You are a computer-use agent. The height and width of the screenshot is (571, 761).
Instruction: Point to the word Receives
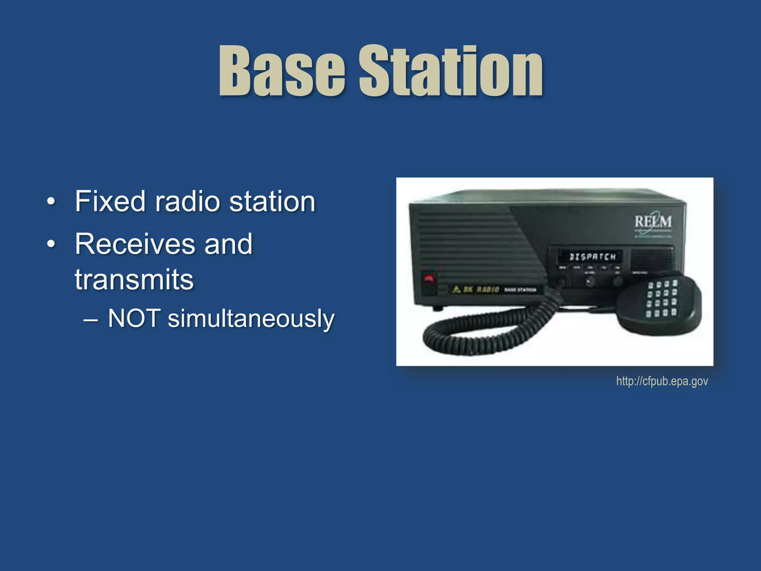[x=135, y=244]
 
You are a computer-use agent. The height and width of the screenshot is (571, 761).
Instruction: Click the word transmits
[x=134, y=279]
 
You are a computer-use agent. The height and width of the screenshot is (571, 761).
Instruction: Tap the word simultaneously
[x=251, y=319]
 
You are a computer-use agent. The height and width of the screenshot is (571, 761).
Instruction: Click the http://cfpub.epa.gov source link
[x=662, y=381]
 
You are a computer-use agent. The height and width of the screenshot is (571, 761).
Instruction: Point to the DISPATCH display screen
[x=592, y=257]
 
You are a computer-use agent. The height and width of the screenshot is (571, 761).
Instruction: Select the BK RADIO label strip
[x=494, y=289]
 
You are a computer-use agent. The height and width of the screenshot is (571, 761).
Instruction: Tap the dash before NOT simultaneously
[x=91, y=319]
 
